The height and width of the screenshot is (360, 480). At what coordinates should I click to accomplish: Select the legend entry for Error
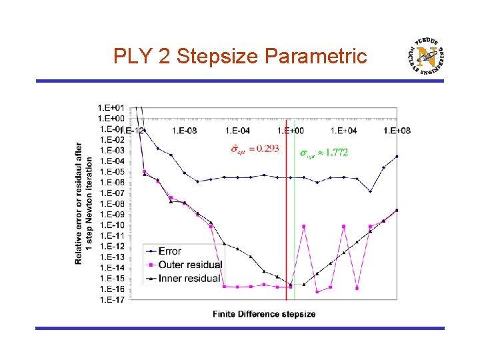170,251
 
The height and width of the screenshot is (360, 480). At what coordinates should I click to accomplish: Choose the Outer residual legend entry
190,265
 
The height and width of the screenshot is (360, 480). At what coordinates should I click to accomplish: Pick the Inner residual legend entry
189,278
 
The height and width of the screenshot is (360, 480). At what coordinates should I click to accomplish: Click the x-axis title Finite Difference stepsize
264,314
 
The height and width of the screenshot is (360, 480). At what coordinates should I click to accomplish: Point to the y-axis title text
83,203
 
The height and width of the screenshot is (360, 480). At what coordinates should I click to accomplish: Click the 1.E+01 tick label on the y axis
111,107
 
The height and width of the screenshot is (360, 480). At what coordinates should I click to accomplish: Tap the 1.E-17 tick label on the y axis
111,299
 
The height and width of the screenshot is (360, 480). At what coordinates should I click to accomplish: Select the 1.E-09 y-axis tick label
111,214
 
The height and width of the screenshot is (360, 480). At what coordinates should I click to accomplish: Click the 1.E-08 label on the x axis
185,131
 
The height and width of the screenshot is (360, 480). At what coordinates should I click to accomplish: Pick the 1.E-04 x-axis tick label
238,131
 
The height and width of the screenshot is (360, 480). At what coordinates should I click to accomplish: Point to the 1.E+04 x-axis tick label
345,131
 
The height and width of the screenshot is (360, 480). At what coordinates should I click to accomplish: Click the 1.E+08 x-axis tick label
397,131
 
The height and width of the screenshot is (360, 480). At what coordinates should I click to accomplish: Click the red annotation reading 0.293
255,149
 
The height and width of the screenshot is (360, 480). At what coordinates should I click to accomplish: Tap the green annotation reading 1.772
323,153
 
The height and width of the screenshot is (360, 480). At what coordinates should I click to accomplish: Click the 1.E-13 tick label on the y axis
111,257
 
